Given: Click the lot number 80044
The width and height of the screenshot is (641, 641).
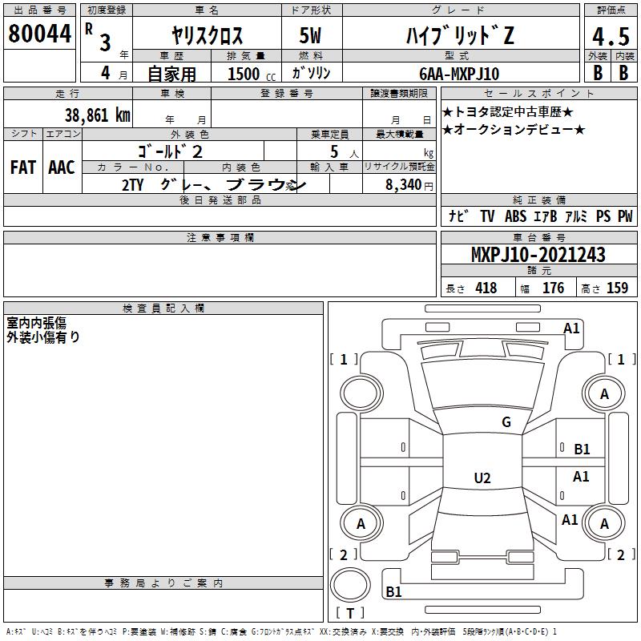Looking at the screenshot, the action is [39, 34].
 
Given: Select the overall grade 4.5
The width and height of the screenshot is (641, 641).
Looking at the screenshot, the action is [611, 37].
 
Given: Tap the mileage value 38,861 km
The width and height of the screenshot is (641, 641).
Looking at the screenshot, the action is [97, 115].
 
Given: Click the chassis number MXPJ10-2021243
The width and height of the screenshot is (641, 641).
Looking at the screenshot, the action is [538, 255].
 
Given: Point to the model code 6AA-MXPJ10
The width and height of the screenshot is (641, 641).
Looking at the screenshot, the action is [459, 74].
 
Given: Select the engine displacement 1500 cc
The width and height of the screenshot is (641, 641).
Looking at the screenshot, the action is [252, 74].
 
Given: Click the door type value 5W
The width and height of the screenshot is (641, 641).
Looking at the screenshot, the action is [310, 35].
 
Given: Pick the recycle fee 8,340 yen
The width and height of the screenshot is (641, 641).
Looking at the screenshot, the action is [409, 185].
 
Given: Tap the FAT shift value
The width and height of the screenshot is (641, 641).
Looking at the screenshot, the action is [23, 167].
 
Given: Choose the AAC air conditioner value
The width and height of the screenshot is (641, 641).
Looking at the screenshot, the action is [62, 167].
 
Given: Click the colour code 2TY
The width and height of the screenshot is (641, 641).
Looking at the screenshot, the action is [132, 185].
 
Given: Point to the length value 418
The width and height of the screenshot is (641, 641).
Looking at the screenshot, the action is [486, 288].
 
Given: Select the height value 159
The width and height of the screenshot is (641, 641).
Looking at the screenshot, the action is [617, 288].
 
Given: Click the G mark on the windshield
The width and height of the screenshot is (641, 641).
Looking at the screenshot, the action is [506, 422].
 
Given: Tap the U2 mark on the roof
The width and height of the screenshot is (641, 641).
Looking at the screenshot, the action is [482, 478].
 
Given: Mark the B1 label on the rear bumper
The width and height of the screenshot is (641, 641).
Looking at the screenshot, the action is [393, 591].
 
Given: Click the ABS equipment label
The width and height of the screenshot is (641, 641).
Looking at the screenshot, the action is [515, 216].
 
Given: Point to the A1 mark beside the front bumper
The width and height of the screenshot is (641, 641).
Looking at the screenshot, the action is [571, 329].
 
